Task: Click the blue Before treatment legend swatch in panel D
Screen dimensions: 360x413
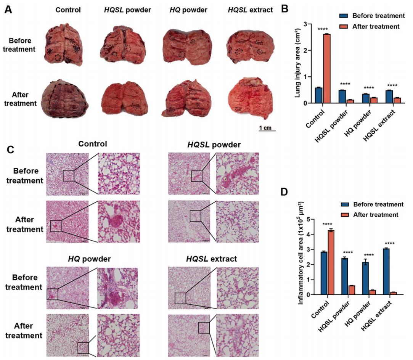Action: pyautogui.click(x=344, y=205)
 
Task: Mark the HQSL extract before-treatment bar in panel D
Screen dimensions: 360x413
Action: pyautogui.click(x=386, y=272)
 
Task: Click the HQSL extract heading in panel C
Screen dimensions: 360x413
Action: pyautogui.click(x=211, y=259)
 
